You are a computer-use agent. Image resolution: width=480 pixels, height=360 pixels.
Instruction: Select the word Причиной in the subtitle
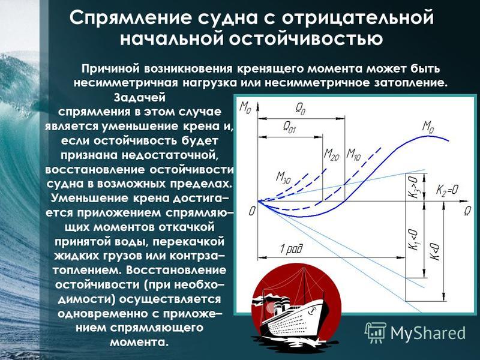point(111,68)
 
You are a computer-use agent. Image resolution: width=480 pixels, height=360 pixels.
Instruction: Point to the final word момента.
point(139,341)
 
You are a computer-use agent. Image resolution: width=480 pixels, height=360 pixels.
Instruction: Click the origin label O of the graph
point(252,211)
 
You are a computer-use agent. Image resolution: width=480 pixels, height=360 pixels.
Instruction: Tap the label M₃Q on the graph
point(284,178)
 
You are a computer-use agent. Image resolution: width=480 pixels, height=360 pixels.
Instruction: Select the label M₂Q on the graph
point(332,154)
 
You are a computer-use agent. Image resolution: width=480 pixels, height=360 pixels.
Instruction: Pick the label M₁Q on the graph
point(353,154)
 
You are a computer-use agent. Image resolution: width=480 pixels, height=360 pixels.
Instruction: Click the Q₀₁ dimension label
point(289,127)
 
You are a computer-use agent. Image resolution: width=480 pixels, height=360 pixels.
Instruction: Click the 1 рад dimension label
point(291,250)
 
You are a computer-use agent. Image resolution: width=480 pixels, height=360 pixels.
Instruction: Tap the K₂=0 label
point(447,190)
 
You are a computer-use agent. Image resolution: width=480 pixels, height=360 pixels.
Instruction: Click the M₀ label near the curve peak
point(428,127)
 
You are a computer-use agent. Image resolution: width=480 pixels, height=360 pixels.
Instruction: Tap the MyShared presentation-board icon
point(376,333)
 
